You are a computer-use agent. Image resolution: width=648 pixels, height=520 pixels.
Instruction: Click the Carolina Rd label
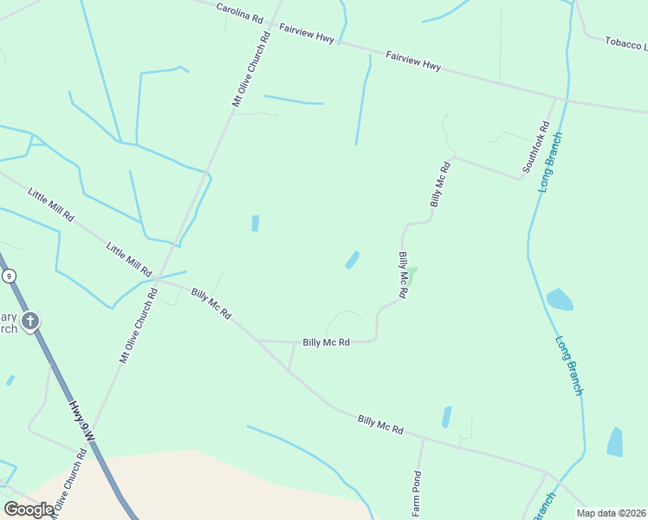click(239, 15)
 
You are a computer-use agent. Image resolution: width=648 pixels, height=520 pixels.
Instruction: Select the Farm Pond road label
click(417, 493)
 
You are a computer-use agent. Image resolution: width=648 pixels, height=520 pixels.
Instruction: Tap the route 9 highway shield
click(9, 276)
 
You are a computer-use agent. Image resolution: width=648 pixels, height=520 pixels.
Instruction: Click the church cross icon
click(30, 322)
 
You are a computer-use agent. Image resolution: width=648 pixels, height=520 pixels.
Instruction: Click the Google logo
click(29, 510)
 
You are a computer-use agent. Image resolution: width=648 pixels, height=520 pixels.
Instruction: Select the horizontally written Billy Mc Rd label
click(326, 342)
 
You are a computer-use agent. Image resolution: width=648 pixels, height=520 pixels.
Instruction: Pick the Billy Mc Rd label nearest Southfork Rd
click(440, 184)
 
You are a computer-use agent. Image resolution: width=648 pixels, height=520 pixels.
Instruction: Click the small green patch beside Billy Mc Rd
click(412, 275)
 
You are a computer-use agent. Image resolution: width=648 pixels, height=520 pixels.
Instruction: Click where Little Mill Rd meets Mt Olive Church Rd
click(157, 278)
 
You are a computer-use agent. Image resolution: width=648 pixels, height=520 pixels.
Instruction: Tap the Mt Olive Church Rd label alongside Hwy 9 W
click(69, 481)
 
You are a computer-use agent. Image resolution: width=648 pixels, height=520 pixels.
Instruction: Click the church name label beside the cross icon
click(8, 322)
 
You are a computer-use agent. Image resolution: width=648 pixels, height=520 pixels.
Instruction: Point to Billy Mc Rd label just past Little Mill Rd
click(211, 303)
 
